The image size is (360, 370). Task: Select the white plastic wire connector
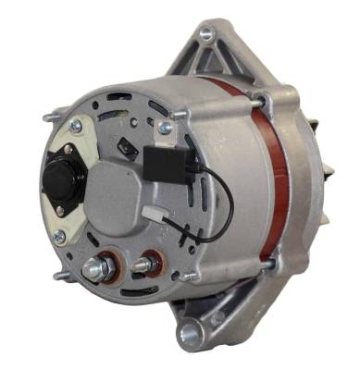click(x=154, y=217)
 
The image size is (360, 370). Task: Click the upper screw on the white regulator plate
click(x=74, y=127)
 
